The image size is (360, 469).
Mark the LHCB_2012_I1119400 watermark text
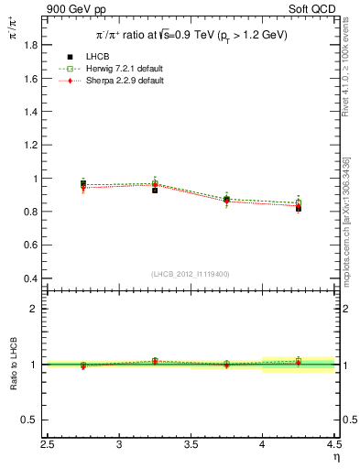point(191,274)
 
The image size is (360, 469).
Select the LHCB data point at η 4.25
point(299,208)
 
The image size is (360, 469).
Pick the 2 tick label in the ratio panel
point(33,309)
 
